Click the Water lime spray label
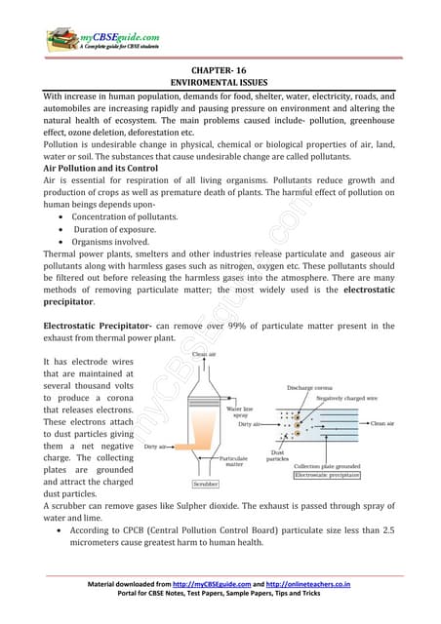tap(239, 414)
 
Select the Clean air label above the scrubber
tap(205, 354)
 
